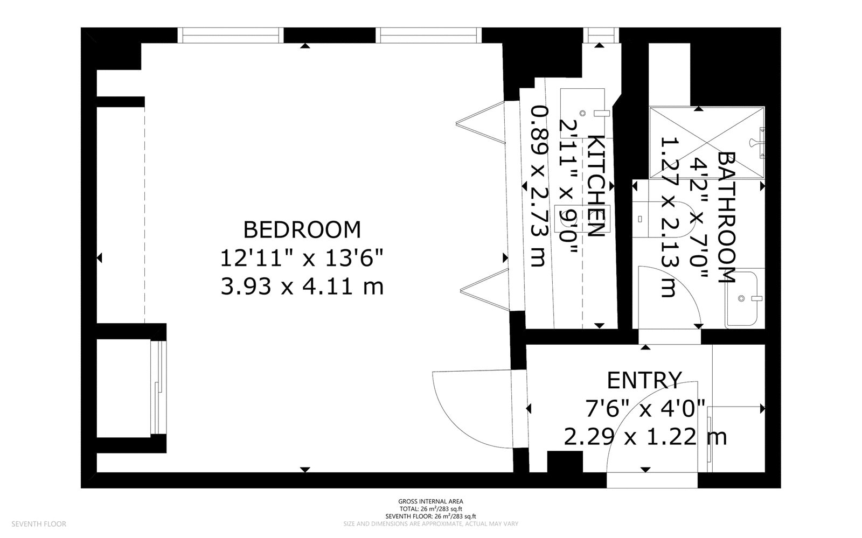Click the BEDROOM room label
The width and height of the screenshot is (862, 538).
[302, 229]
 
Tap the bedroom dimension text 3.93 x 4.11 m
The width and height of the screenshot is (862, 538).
[302, 287]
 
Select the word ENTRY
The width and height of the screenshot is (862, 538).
[644, 380]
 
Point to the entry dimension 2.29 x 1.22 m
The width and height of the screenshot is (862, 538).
[645, 437]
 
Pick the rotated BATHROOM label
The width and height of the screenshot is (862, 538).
[727, 218]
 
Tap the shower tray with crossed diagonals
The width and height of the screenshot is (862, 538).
[706, 143]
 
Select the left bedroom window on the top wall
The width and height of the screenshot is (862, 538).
[231, 36]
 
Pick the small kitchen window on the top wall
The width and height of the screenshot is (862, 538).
[601, 36]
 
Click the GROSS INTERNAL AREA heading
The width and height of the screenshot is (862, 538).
[430, 501]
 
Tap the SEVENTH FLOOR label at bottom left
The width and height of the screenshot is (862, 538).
[39, 524]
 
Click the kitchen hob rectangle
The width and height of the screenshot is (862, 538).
[582, 219]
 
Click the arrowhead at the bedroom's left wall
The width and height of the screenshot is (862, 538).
[99, 257]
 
